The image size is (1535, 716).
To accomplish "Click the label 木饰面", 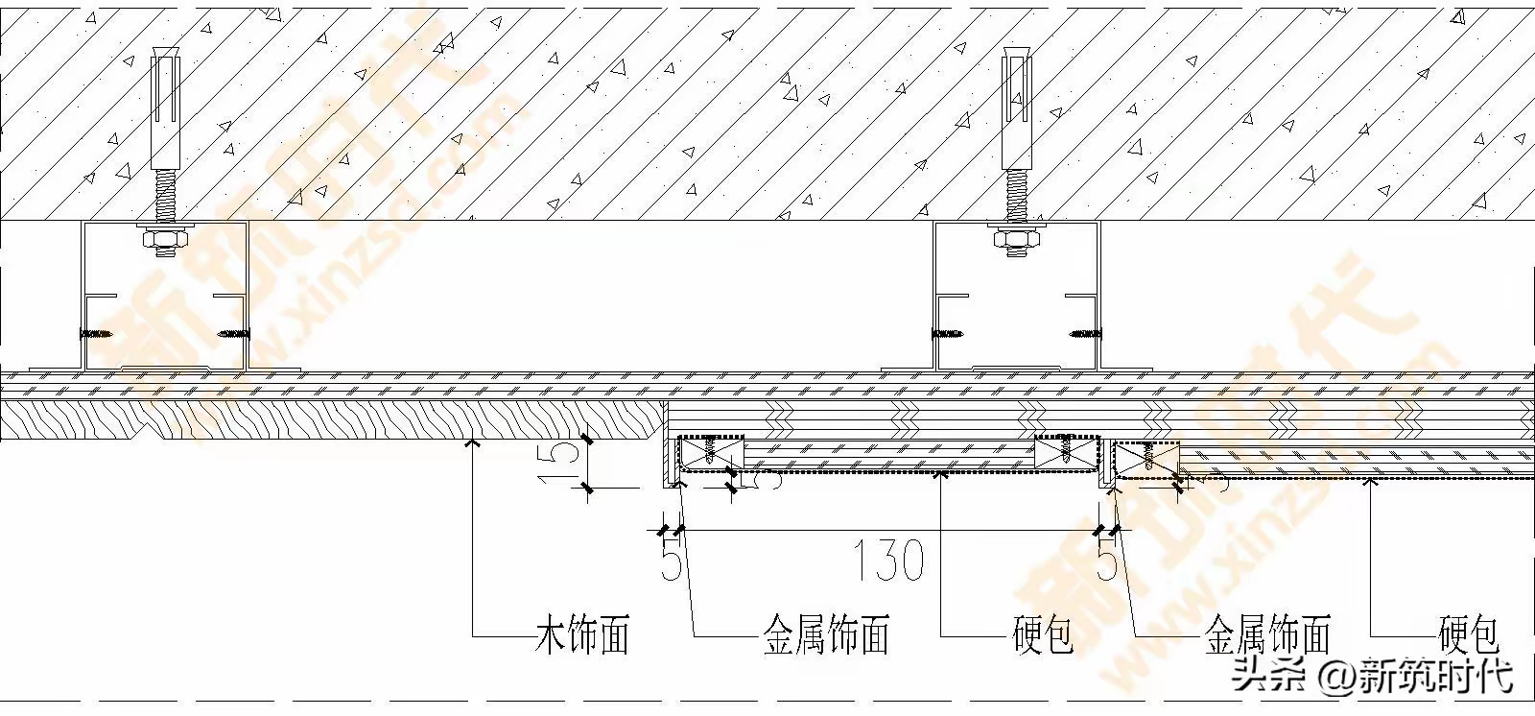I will click(x=581, y=635).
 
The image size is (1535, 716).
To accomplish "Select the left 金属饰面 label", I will click(x=826, y=635).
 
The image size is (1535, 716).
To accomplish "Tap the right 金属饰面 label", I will click(x=1267, y=635).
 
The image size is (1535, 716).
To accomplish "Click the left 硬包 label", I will click(x=1043, y=635).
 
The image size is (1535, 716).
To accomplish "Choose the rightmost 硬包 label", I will click(x=1469, y=635).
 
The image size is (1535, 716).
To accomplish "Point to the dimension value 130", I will click(x=889, y=561).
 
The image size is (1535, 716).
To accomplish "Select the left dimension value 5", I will click(x=671, y=561).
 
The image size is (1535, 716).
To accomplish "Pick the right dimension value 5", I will click(x=1107, y=561).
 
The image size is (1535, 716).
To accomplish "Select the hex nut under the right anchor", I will click(x=1016, y=239).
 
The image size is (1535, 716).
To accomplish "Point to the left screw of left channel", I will click(x=97, y=334).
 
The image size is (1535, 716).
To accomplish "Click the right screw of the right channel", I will click(x=1085, y=334).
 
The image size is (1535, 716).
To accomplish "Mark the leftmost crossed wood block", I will click(x=711, y=452).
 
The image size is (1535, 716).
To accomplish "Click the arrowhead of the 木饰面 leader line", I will click(x=472, y=443).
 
